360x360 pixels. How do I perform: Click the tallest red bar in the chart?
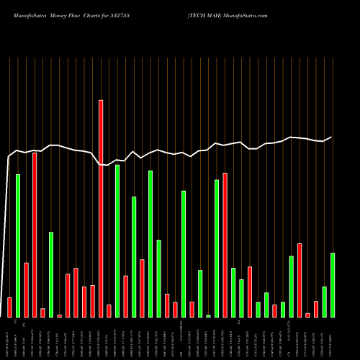pos(101,208)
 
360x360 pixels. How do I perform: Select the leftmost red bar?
pos(9,307)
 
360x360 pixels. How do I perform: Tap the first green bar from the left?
pos(18,245)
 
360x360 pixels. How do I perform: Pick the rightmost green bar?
pos(333,284)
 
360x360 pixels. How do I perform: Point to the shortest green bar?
pos(209,315)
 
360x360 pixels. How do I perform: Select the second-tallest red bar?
pos(35,234)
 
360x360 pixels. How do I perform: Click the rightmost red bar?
pos(316,309)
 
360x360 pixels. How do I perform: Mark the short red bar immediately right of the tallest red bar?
pos(109,310)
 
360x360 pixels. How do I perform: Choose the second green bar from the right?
pos(324,301)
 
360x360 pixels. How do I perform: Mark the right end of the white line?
pos(332,137)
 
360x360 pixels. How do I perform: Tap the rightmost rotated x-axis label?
pos(333,338)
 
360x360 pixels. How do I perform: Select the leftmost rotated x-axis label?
pos(9,338)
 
